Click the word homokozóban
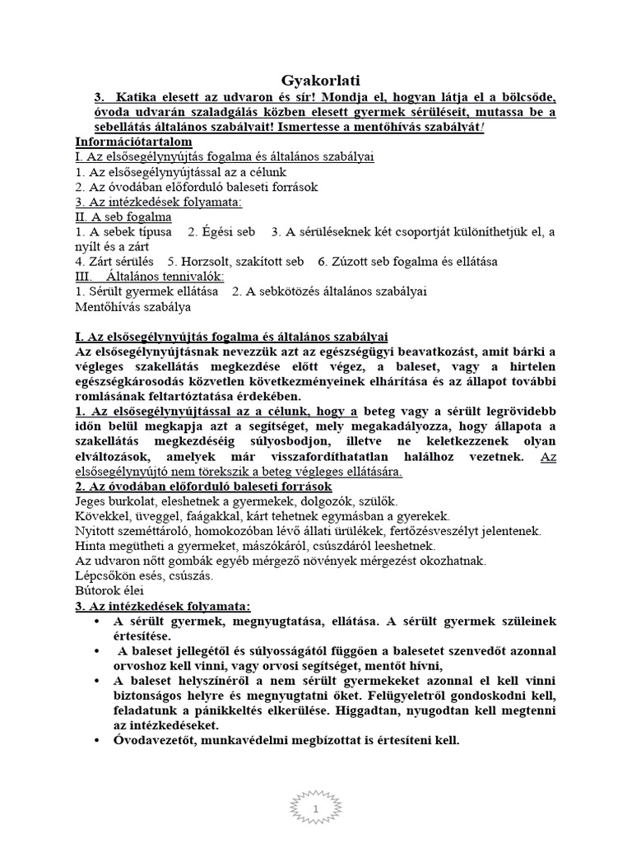coord(227,531)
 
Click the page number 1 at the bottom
coord(316,811)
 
